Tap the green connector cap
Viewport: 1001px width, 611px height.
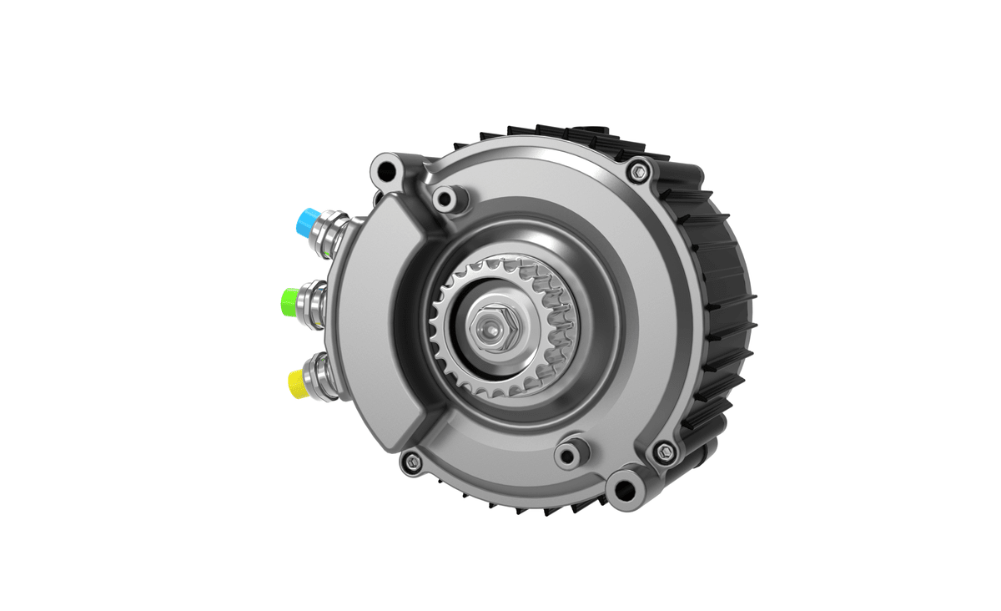pyautogui.click(x=292, y=299)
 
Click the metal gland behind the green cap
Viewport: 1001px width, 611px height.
pyautogui.click(x=318, y=298)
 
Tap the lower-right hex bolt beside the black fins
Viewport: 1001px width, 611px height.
pyautogui.click(x=665, y=452)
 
